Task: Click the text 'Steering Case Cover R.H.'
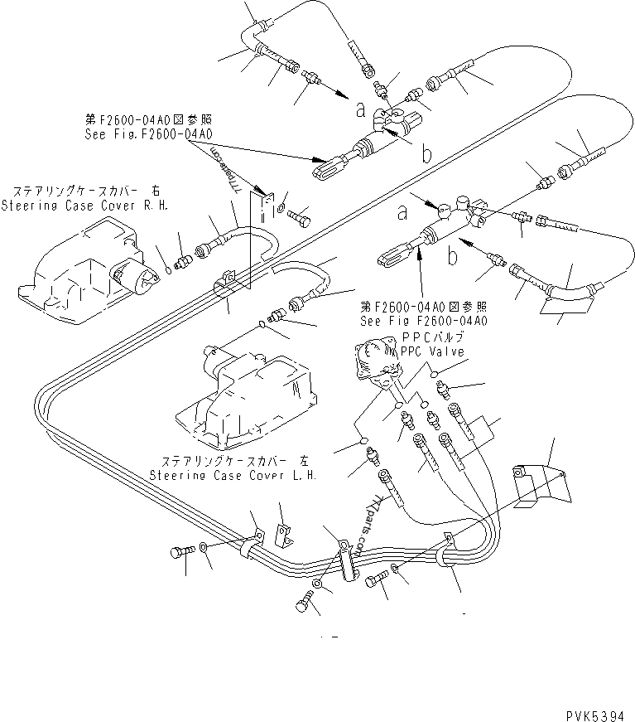pyautogui.click(x=84, y=204)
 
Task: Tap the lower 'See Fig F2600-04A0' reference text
pyautogui.click(x=423, y=320)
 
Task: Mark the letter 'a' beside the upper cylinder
pyautogui.click(x=361, y=108)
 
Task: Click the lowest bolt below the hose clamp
pyautogui.click(x=305, y=604)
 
